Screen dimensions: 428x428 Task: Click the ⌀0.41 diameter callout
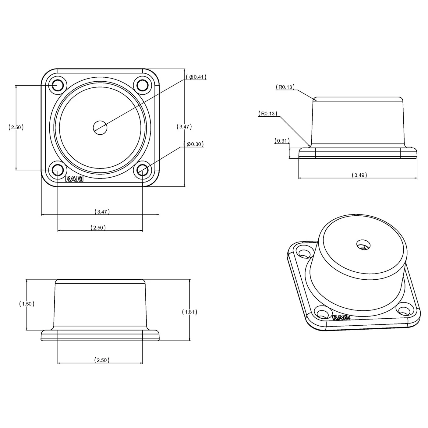[x=196, y=77]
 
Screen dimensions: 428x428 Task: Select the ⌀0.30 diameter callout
[x=194, y=144]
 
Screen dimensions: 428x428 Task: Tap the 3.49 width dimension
[x=359, y=175]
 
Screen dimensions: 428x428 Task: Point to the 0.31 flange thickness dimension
[x=282, y=141]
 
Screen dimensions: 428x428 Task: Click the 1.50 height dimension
[x=27, y=304]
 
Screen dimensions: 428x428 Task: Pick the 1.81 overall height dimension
[x=189, y=312]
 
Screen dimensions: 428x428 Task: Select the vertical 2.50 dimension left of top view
[x=16, y=127]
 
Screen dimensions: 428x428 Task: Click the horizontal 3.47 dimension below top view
[x=102, y=212]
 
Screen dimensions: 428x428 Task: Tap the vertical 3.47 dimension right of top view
[x=184, y=127]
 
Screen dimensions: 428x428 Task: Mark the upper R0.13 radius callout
[x=285, y=87]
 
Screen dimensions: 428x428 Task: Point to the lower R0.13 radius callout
[x=268, y=114]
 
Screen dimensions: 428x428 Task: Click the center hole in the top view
[x=100, y=127]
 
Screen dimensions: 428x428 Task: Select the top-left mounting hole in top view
[x=57, y=85]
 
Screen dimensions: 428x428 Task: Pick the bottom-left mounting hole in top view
[x=57, y=170]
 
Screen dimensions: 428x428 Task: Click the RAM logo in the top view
[x=74, y=179]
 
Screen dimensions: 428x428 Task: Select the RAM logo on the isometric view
[x=341, y=317]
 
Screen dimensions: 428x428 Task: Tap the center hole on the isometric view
[x=363, y=244]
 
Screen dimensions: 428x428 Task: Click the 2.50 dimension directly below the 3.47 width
[x=98, y=228]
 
